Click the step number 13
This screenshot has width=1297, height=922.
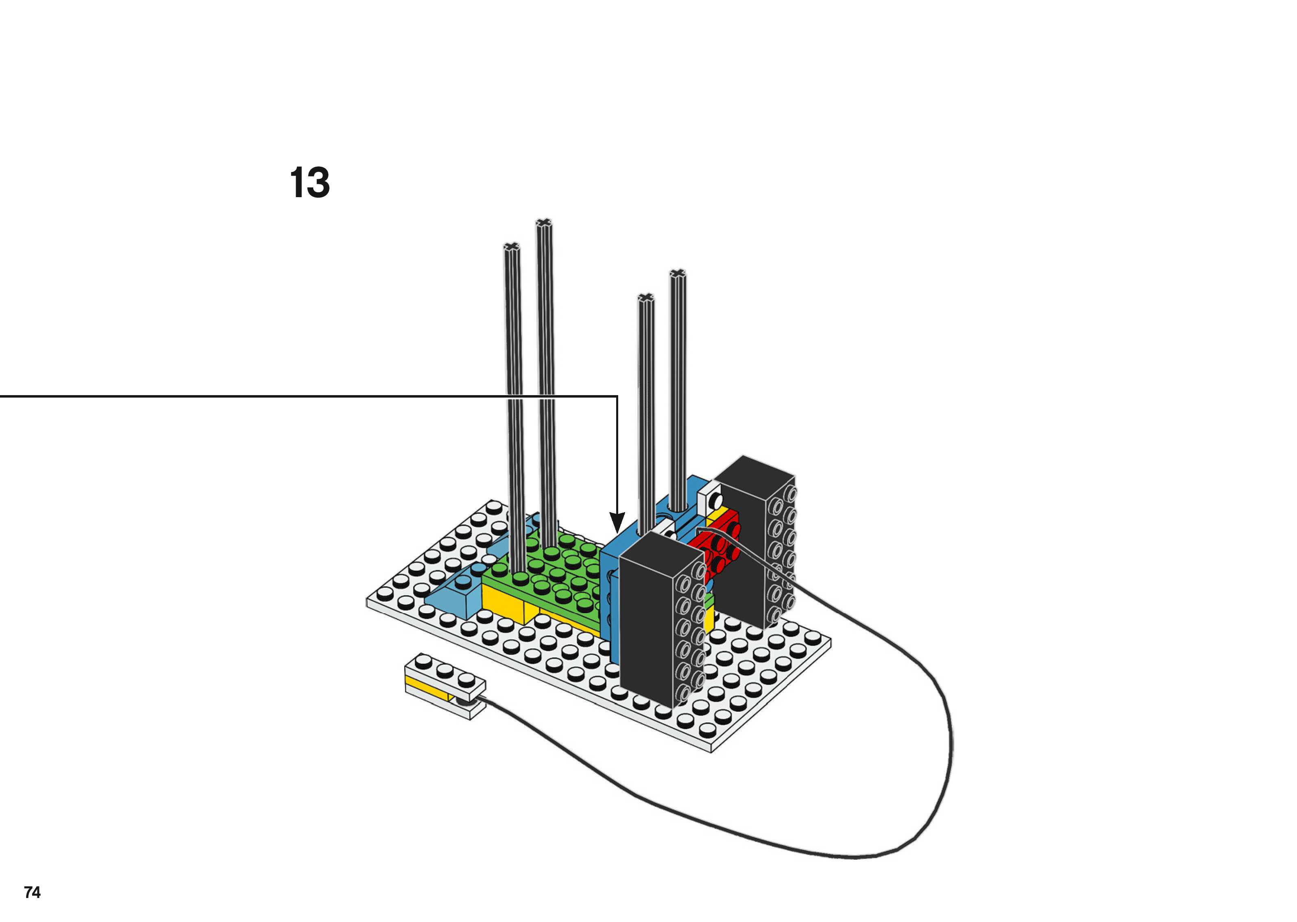pos(310,183)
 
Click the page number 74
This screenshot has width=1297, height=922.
pos(33,892)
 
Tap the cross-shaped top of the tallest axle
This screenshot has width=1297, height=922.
pos(544,223)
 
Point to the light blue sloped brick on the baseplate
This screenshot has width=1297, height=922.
pos(454,593)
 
